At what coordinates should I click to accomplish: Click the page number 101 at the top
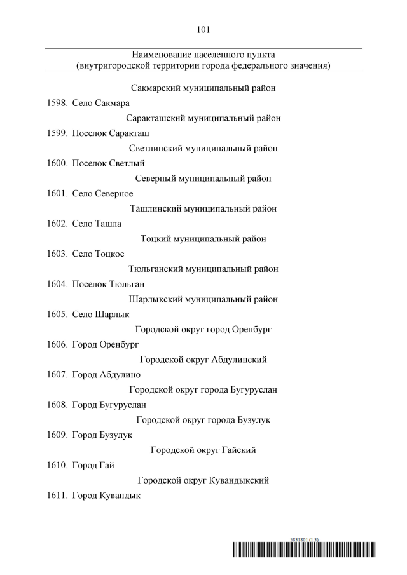click(x=203, y=29)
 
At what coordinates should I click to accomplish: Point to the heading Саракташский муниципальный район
click(x=203, y=118)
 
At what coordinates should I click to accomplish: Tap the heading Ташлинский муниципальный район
click(x=203, y=208)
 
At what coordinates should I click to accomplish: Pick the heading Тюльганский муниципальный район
click(x=203, y=269)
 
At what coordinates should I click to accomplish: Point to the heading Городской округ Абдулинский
click(x=203, y=360)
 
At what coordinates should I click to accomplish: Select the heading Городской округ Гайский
click(x=203, y=450)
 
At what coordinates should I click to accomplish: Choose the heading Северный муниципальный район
click(x=203, y=179)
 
